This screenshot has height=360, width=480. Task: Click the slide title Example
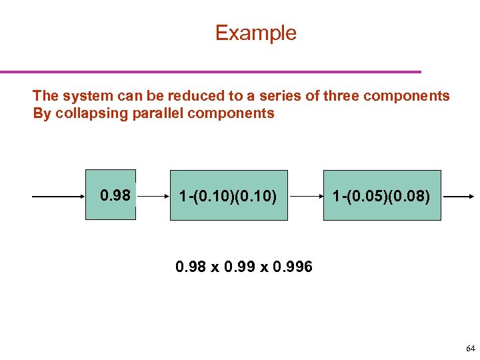tap(255, 33)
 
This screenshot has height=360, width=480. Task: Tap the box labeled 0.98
tap(111, 195)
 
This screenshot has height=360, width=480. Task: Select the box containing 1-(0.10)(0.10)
tap(229, 195)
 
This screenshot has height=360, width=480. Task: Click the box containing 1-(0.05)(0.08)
tap(382, 195)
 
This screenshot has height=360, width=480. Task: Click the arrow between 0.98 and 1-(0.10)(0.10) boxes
tap(152, 197)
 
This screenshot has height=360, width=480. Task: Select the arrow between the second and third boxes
tap(305, 197)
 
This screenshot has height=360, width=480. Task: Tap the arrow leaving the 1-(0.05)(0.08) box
tap(458, 197)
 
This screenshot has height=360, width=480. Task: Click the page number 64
tap(471, 349)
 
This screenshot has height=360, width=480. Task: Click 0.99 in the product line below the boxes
tap(238, 267)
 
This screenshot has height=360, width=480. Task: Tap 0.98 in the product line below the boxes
tap(189, 267)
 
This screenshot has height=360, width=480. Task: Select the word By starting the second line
tap(41, 113)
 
